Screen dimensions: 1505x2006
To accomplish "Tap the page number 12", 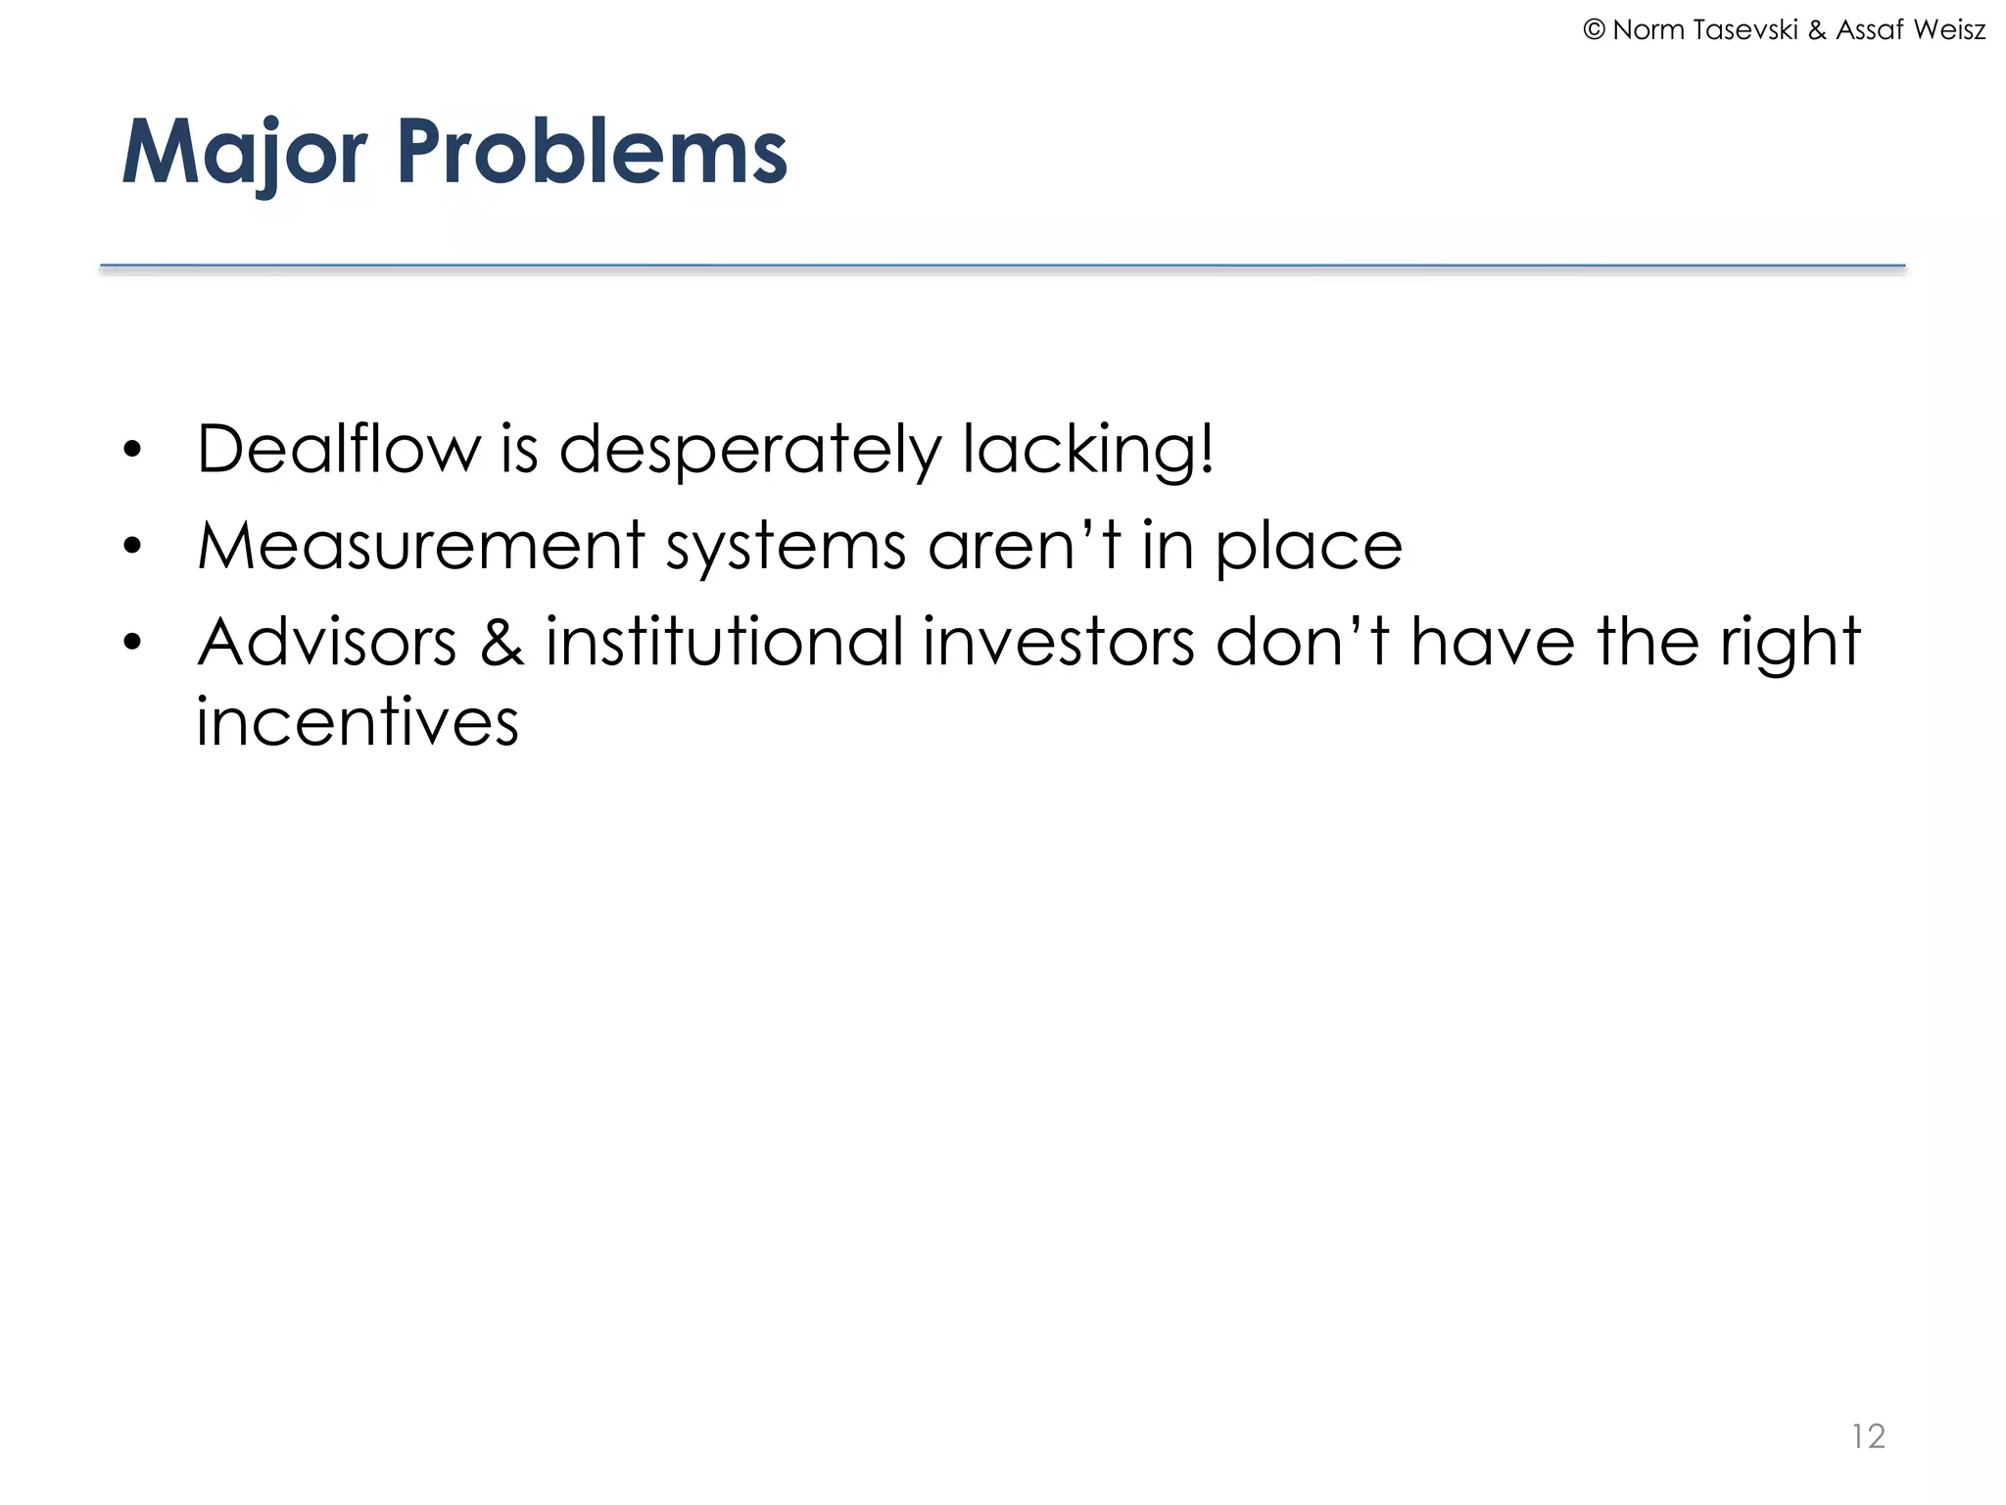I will coord(1868,1436).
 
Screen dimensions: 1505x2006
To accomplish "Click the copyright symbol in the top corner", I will coord(1594,30).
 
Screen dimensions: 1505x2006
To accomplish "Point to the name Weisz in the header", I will coord(1948,30).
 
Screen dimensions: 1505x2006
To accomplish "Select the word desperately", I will coord(749,451).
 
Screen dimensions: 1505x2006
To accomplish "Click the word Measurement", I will coord(421,546).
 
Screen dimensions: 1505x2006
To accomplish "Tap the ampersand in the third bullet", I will coord(501,643).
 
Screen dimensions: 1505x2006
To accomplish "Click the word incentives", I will coord(357,722).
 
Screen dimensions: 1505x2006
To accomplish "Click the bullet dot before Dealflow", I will coord(133,452).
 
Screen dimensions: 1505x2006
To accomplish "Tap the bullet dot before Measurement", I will coord(133,547).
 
